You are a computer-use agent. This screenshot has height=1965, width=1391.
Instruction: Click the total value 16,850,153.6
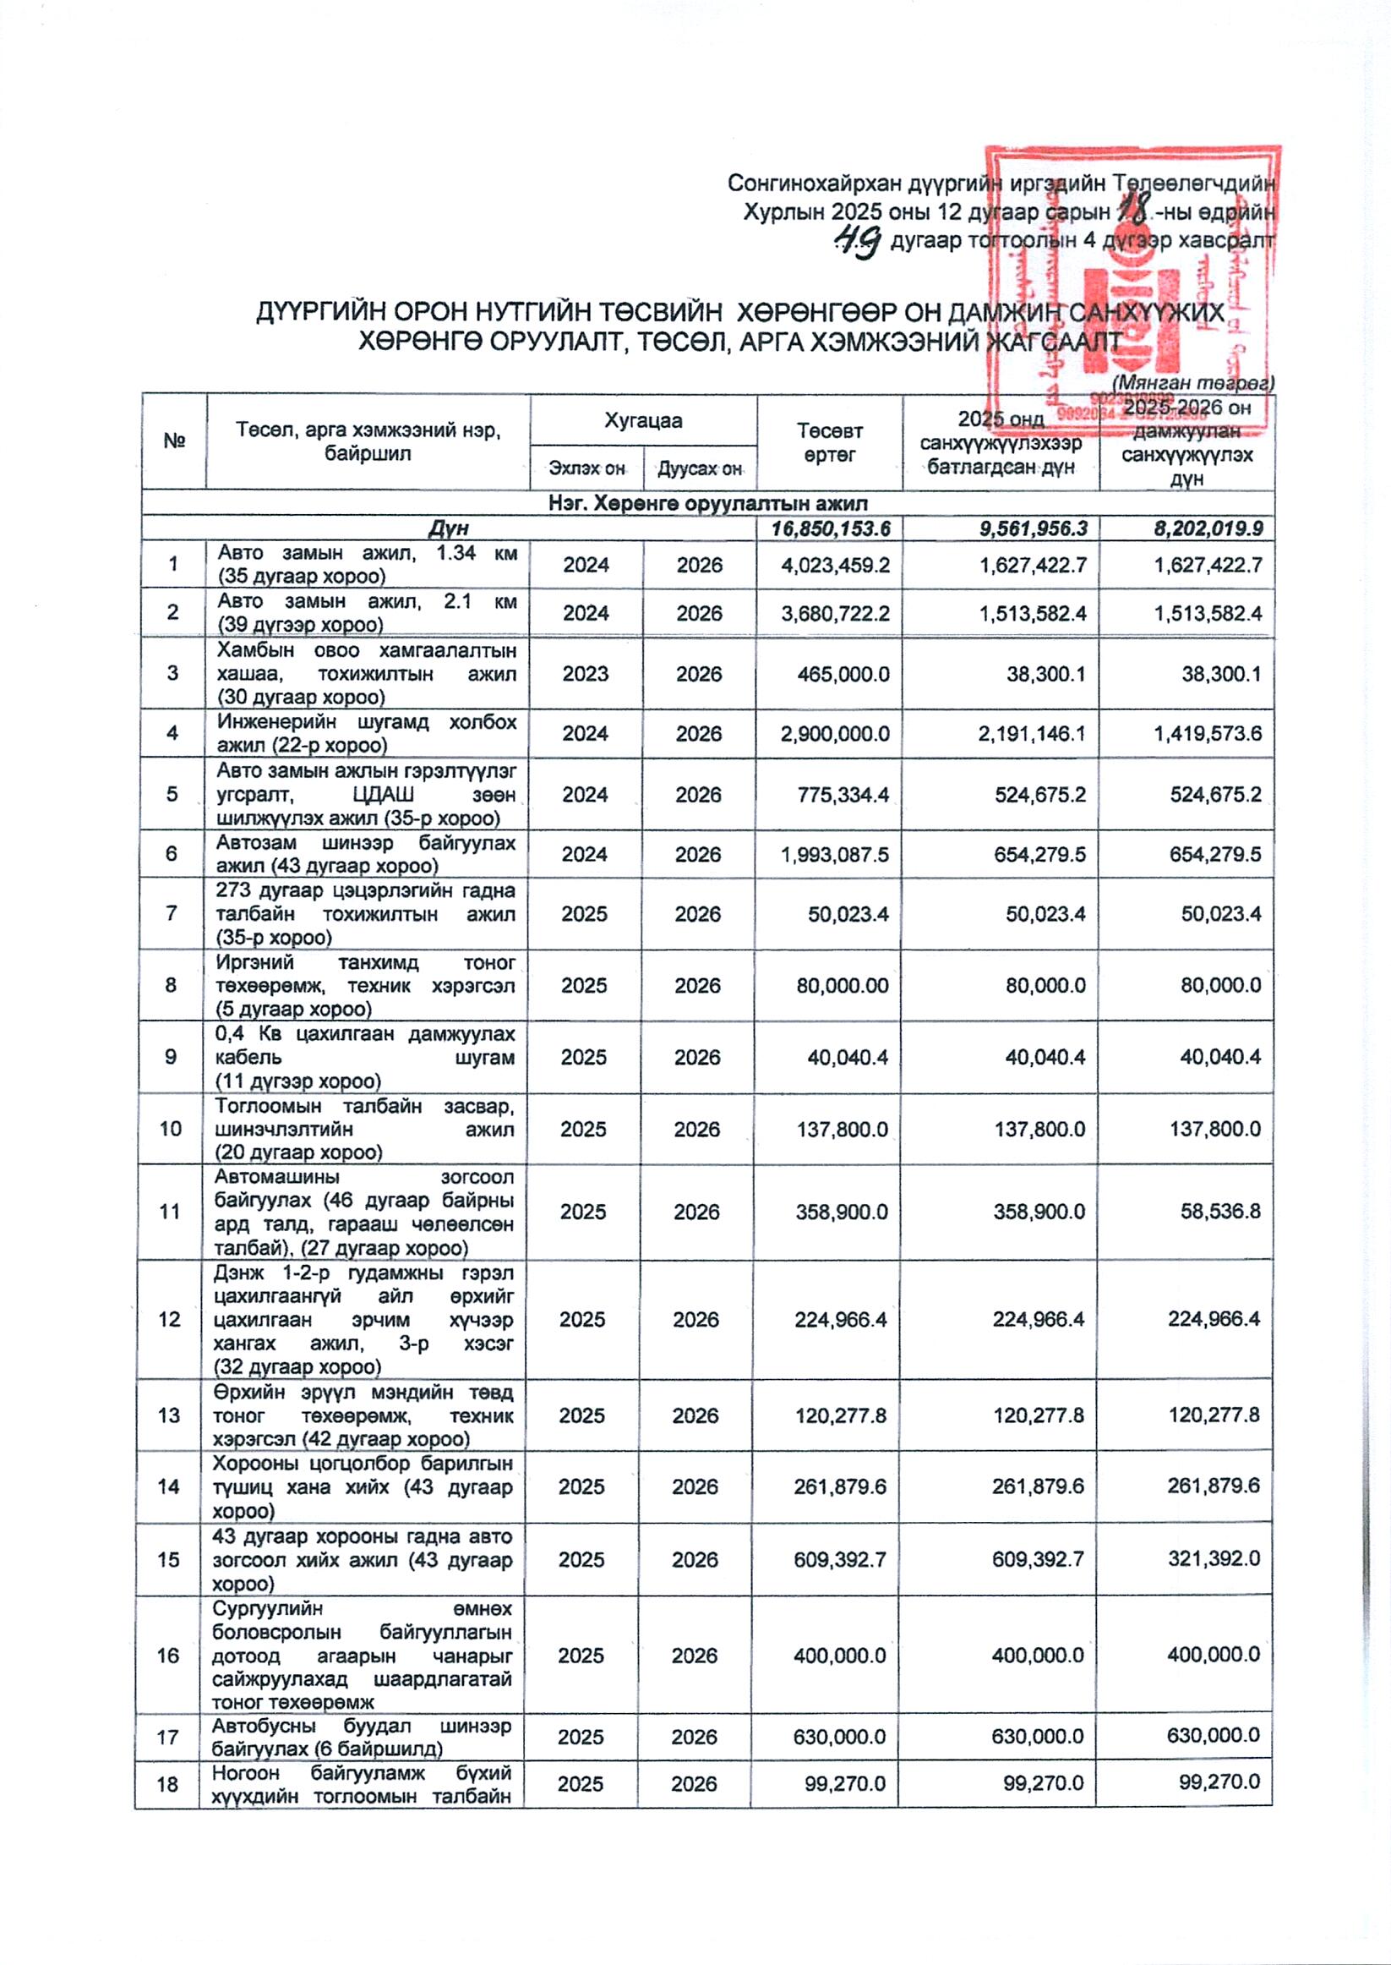[830, 528]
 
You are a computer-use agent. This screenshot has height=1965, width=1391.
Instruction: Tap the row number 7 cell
[173, 913]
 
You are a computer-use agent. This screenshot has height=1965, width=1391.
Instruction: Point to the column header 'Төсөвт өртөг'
[829, 442]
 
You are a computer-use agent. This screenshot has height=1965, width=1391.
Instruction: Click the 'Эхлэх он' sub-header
[586, 468]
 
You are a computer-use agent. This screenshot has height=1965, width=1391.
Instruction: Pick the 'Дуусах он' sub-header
[699, 468]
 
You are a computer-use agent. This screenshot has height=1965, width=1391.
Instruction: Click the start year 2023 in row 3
[586, 674]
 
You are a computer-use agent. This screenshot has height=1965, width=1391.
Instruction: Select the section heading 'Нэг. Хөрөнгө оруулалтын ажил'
[707, 503]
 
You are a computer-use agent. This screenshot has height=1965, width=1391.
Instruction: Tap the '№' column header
[175, 442]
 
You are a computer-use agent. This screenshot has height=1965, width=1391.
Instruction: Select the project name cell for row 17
[363, 1736]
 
